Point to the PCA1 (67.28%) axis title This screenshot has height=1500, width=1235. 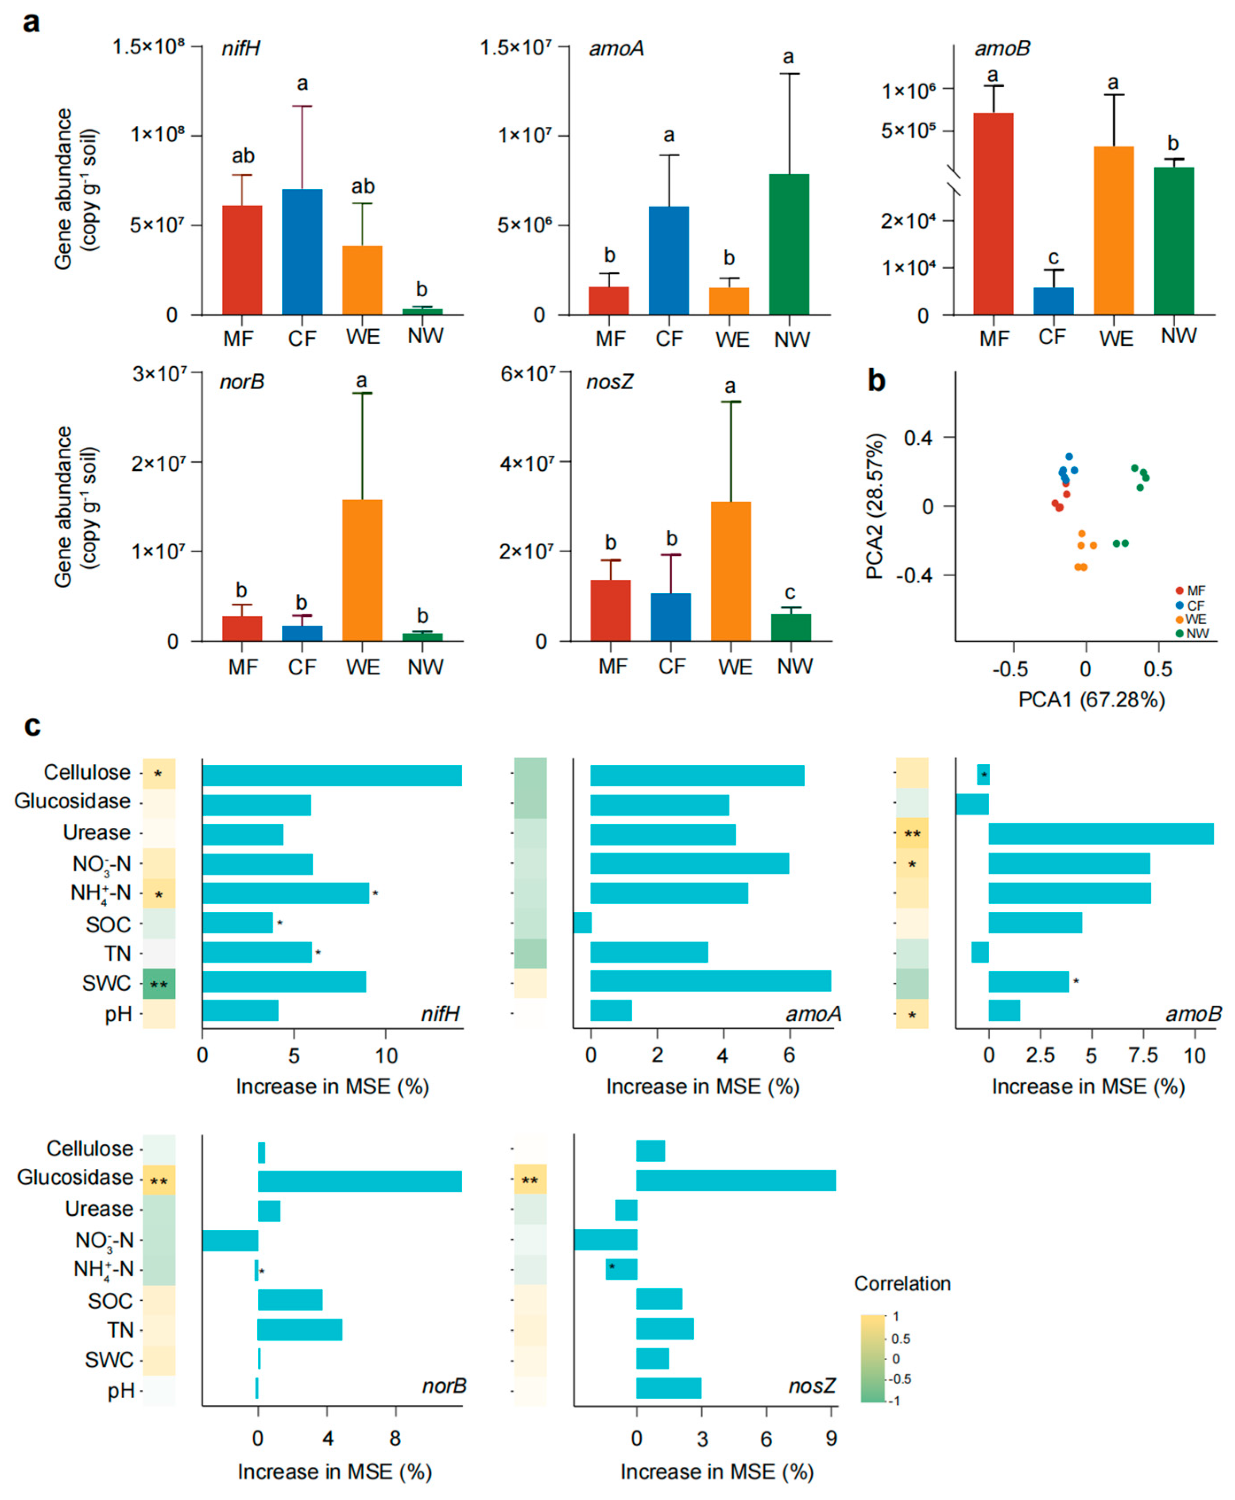pyautogui.click(x=1091, y=700)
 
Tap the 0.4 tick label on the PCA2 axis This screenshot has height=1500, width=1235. pyautogui.click(x=918, y=438)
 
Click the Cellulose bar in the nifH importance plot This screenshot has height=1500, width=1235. pyautogui.click(x=332, y=775)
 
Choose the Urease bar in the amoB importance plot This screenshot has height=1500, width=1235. pyautogui.click(x=1100, y=833)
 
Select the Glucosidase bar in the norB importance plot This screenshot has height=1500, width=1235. pyautogui.click(x=359, y=1181)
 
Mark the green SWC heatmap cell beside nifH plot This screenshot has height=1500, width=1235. pyautogui.click(x=159, y=984)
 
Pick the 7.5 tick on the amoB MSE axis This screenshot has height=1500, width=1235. pyautogui.click(x=1142, y=1055)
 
